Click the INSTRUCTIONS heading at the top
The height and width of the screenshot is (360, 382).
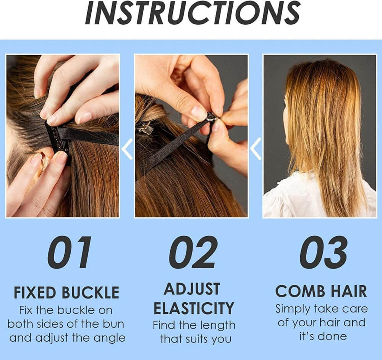193,13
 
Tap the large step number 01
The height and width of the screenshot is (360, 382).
70,252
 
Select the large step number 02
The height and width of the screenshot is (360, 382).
193,252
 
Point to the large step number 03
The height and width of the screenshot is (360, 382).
323,252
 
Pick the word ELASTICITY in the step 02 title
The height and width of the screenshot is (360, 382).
194,308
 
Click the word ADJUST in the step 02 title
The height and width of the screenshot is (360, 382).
192,289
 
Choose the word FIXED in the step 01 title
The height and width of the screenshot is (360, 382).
35,292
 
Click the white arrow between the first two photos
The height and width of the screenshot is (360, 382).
127,149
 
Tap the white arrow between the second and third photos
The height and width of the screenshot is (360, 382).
256,149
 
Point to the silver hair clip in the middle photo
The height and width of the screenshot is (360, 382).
145,128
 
